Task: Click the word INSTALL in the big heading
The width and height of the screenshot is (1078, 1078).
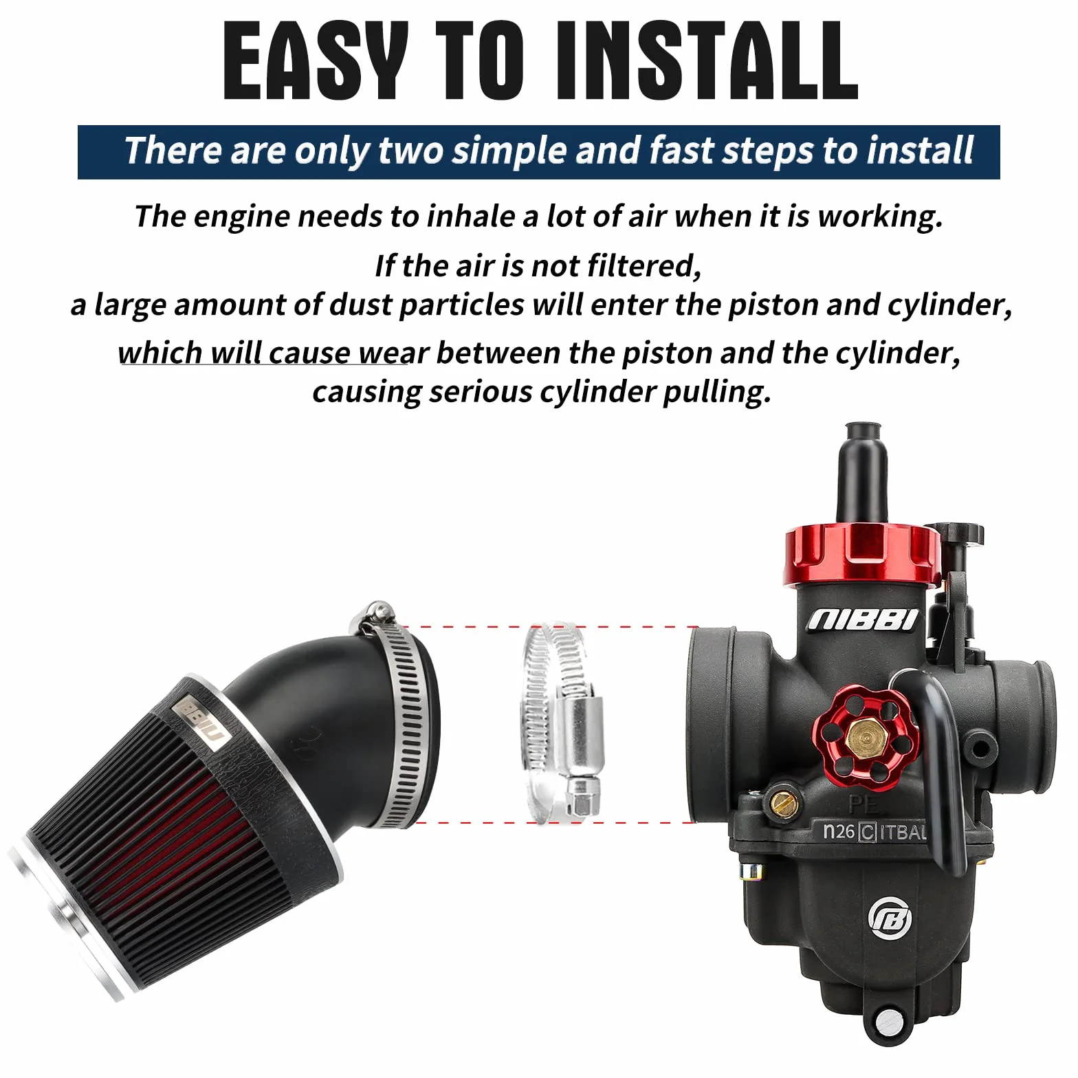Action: click(x=707, y=62)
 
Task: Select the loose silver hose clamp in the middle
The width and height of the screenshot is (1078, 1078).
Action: click(x=560, y=723)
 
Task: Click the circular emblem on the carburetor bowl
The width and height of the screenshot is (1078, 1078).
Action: click(x=891, y=918)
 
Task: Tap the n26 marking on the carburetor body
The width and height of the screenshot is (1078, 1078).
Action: click(x=839, y=831)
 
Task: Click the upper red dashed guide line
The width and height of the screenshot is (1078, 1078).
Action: click(x=550, y=627)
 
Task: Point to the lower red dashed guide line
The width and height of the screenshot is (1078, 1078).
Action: click(x=550, y=822)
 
